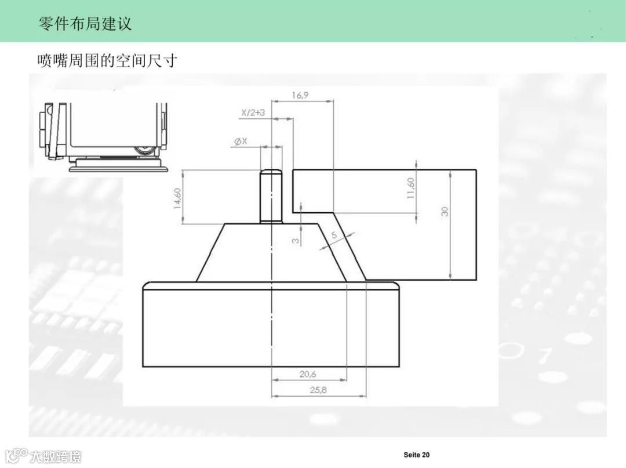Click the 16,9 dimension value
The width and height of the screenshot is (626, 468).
coord(300,95)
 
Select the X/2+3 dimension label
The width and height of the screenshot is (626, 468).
coord(253,113)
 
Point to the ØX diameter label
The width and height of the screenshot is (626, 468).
coord(241,142)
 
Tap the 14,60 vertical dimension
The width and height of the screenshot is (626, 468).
coord(178,197)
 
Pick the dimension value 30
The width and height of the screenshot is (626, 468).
coord(445,211)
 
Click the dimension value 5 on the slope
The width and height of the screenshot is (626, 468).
coord(334,235)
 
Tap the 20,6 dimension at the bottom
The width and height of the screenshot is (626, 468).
coord(308,374)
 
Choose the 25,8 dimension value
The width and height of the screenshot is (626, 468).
coord(318,390)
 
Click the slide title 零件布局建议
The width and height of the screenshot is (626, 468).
coord(85,23)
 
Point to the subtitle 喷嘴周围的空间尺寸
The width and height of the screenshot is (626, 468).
coord(107,60)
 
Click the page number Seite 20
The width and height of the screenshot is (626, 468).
coord(417,455)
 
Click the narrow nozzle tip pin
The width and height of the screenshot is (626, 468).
coord(271,196)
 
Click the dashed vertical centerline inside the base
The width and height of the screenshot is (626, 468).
coord(271,325)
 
